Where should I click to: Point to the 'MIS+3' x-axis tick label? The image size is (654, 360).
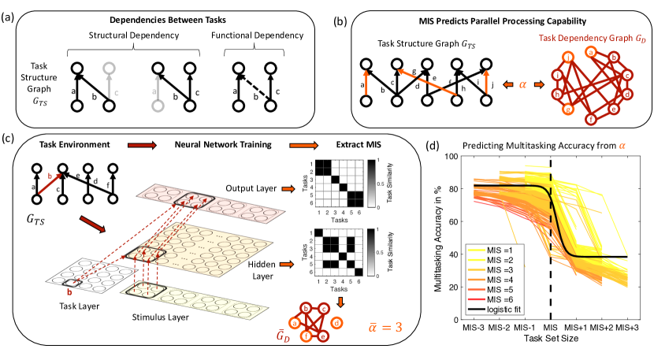627,326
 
